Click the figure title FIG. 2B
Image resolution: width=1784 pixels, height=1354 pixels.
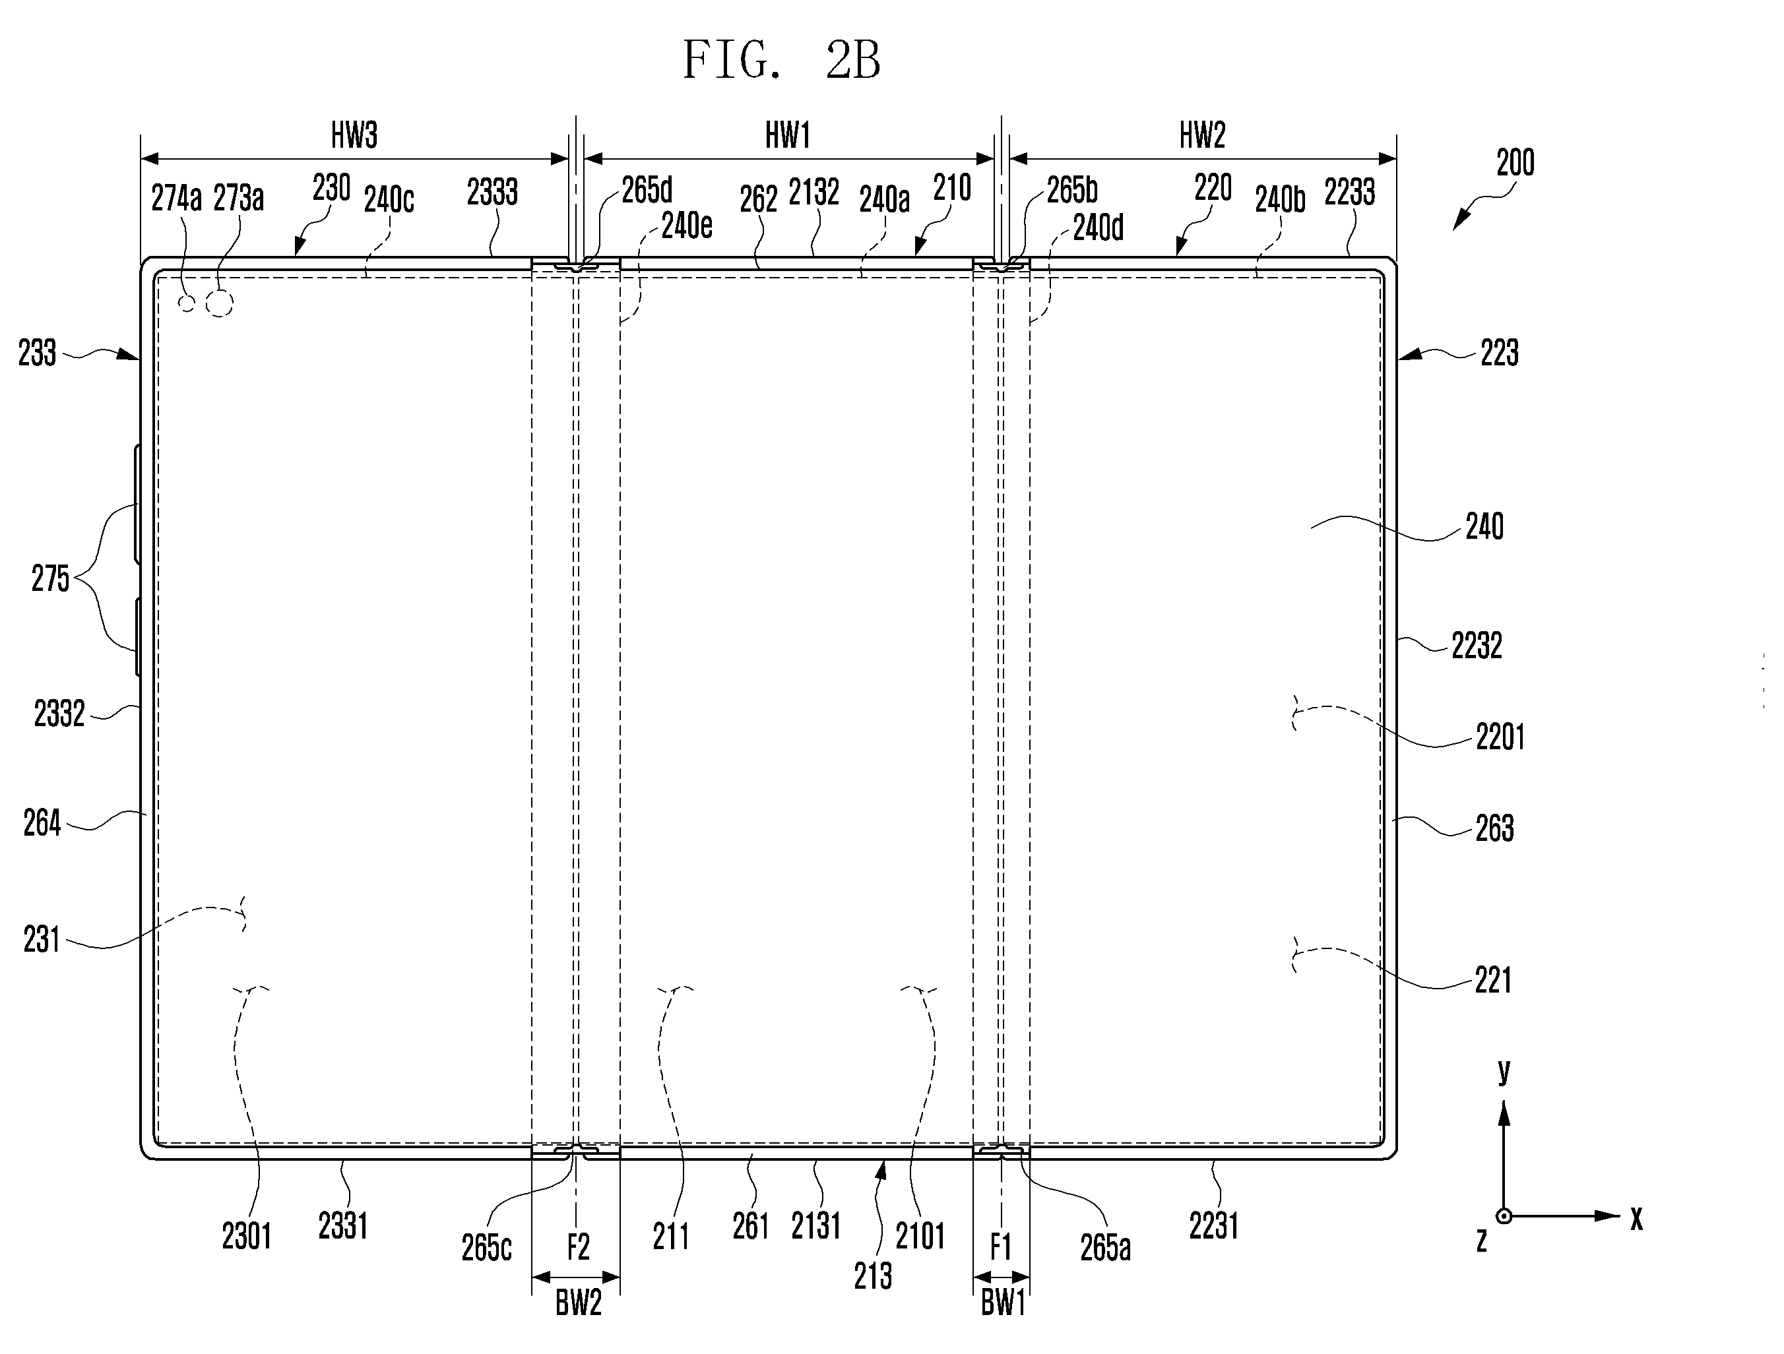tap(782, 61)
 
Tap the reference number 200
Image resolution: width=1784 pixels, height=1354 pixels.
tap(1515, 163)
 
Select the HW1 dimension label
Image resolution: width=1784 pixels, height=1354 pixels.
tap(788, 135)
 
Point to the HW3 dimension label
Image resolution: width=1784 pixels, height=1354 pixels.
tap(354, 135)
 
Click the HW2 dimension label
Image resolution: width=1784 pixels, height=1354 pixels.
tap(1203, 135)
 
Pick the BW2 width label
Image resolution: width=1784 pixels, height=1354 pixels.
tap(578, 1304)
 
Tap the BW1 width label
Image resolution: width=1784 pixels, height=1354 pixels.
tap(1002, 1304)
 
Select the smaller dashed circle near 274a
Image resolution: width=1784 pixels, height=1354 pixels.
tap(187, 303)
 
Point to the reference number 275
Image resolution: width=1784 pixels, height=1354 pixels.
tap(50, 579)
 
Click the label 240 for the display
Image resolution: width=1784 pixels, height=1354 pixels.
tap(1484, 528)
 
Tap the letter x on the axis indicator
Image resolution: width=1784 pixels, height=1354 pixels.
tap(1636, 1219)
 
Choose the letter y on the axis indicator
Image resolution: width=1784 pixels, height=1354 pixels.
tap(1504, 1071)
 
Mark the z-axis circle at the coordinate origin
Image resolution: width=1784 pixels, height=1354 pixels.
tap(1504, 1216)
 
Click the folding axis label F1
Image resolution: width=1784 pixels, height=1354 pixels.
tap(1000, 1248)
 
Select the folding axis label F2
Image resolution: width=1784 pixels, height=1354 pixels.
tap(578, 1248)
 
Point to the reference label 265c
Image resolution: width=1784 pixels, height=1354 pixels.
tap(486, 1248)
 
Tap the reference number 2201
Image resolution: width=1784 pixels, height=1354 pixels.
tap(1500, 737)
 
